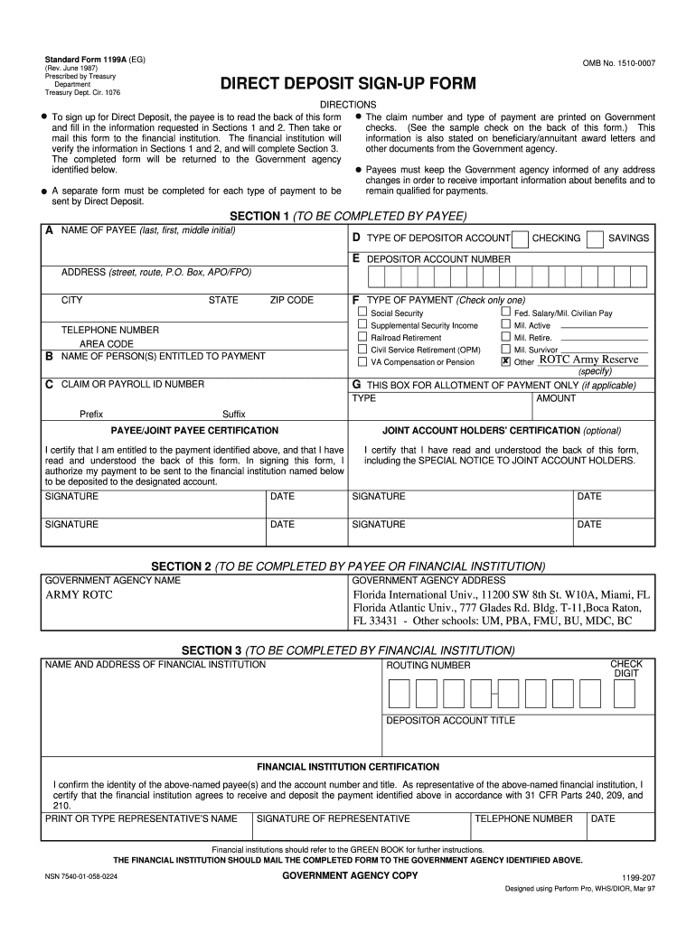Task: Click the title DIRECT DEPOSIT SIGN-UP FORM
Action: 348,85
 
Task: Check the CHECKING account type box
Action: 520,238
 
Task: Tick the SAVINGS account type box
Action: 596,238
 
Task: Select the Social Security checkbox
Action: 362,313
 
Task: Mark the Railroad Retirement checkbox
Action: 362,337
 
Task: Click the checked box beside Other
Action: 505,361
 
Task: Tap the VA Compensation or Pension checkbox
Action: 362,361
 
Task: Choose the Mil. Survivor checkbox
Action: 505,349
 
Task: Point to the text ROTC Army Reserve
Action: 588,360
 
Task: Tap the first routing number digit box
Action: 400,693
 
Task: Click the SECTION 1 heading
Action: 348,216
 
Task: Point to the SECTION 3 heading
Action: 348,650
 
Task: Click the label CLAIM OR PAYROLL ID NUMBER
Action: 132,384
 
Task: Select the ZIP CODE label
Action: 291,300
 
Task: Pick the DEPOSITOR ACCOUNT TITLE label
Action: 451,720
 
